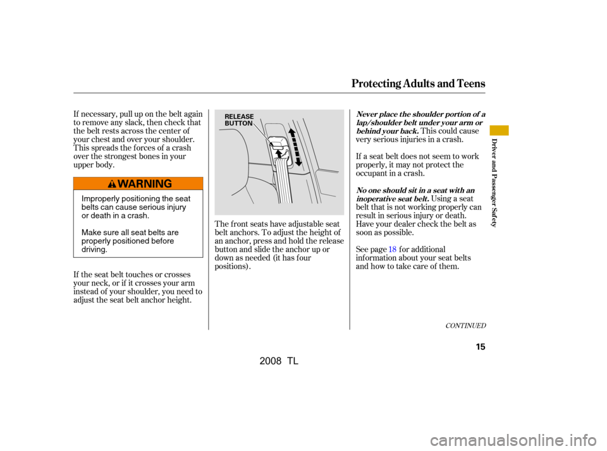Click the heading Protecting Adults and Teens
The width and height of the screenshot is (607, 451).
click(418, 83)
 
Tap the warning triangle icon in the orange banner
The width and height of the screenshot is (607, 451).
click(112, 184)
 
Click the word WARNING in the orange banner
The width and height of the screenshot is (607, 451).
click(145, 184)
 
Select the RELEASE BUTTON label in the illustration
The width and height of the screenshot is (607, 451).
click(239, 120)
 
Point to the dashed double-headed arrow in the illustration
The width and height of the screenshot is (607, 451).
click(295, 147)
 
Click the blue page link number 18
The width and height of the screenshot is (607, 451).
click(392, 250)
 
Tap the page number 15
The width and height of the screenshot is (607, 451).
click(481, 347)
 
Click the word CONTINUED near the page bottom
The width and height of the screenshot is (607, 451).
click(465, 326)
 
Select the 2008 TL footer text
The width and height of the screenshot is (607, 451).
click(279, 361)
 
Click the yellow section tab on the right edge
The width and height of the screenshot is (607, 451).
click(499, 130)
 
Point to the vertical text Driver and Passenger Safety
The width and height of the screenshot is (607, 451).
click(494, 183)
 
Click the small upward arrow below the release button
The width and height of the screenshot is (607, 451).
click(278, 154)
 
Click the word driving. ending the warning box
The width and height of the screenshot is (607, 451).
click(94, 250)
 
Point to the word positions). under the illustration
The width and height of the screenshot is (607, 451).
click(233, 267)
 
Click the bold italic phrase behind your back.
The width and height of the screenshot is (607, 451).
click(387, 131)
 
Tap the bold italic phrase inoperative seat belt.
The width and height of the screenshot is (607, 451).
click(392, 199)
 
